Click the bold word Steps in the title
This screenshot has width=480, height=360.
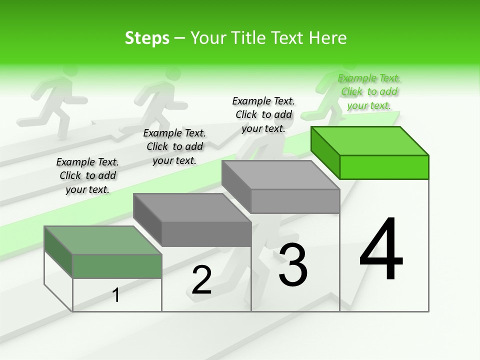click(x=147, y=38)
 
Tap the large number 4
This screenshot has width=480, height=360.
click(x=381, y=249)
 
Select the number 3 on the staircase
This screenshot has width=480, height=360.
click(x=293, y=264)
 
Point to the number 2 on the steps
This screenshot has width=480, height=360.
click(x=202, y=280)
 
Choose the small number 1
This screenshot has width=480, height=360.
click(x=116, y=295)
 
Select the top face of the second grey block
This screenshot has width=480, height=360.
click(x=192, y=208)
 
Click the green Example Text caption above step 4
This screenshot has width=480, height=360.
click(x=369, y=91)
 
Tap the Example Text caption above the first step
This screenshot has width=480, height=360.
click(x=87, y=175)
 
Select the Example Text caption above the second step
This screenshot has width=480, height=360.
click(x=174, y=146)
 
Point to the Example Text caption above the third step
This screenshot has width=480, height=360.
click(x=263, y=114)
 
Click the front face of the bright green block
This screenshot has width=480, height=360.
click(x=384, y=167)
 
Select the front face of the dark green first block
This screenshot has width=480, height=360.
click(x=117, y=266)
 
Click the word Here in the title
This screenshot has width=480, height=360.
click(x=329, y=38)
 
